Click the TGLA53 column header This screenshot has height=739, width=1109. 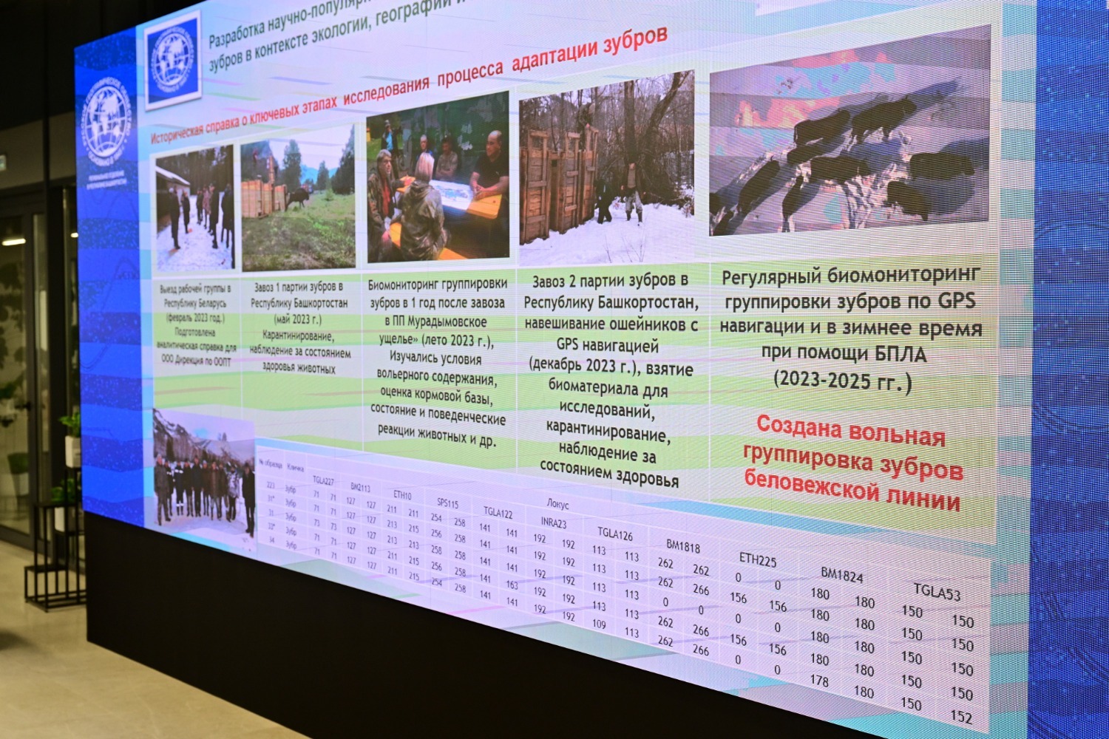937,592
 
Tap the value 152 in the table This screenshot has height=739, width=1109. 961,716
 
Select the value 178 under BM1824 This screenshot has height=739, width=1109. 819,681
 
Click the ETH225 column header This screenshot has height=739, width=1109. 758,560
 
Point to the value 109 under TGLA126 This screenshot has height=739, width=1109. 599,624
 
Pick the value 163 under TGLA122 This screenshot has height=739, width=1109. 512,585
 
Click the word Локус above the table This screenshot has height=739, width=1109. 557,504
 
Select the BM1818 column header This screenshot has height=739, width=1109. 682,546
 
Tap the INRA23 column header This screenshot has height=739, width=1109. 553,522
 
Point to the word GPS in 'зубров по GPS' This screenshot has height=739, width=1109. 957,301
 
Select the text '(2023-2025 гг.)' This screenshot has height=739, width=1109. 842,381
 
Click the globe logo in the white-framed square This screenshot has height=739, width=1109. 172,59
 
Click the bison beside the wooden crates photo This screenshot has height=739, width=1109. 297,197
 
